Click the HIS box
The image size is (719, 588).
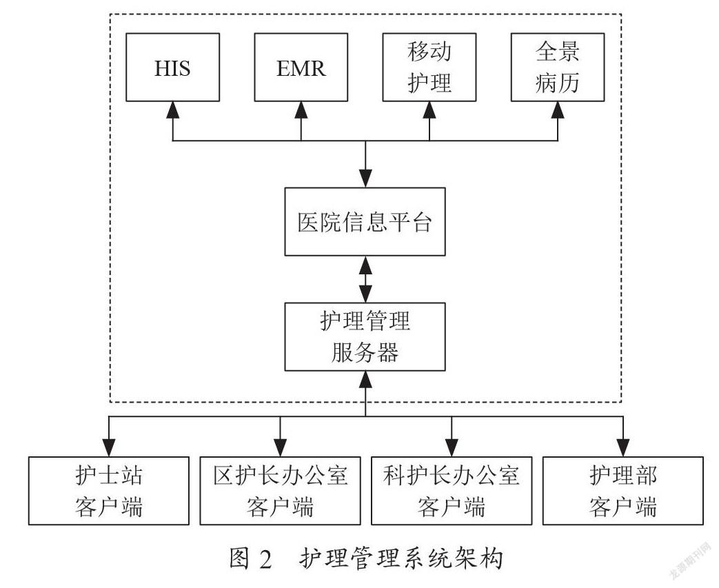coord(172,68)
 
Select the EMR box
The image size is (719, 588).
coord(301,68)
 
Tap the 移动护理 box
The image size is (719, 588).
coord(429,68)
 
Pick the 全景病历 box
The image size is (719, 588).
coord(558,68)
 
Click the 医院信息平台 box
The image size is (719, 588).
coord(365,221)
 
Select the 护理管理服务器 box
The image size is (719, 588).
coord(365,336)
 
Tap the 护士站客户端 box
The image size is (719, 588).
coord(109,491)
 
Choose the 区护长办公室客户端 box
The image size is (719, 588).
coord(280,491)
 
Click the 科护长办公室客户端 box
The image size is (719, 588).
coord(452,491)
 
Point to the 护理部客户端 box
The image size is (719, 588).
coord(623,491)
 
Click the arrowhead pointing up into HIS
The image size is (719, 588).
coord(172,110)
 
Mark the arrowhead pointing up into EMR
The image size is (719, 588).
coord(301,110)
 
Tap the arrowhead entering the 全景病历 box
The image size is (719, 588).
coord(558,110)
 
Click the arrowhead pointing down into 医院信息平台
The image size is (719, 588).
coord(365,179)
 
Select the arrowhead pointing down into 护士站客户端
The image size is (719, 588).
coord(109,447)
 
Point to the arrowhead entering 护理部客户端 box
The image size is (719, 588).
coord(623,447)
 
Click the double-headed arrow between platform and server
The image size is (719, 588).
coord(365,279)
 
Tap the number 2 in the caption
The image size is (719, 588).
coord(265,559)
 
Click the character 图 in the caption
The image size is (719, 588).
coord(241,558)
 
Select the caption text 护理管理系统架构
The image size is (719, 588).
coord(402,558)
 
